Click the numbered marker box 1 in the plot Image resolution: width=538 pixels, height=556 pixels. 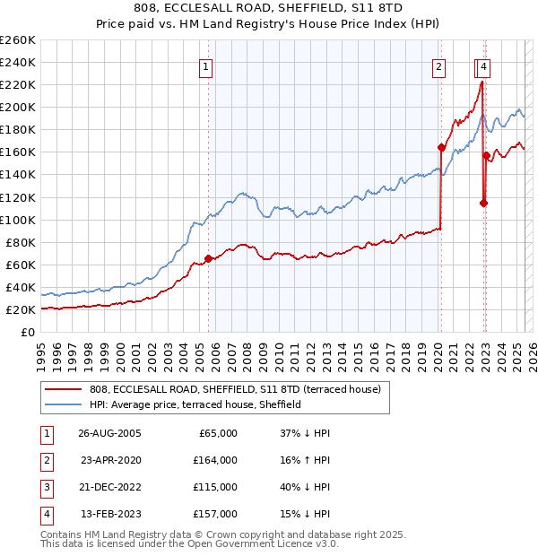(x=206, y=66)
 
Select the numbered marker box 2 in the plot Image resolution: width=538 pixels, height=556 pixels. (x=439, y=66)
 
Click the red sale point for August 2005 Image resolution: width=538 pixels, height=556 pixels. (x=209, y=258)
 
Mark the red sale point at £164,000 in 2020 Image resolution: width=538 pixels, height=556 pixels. (x=441, y=147)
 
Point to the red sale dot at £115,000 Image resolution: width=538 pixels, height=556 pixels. (x=483, y=203)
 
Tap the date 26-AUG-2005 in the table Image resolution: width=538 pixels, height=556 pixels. (x=110, y=433)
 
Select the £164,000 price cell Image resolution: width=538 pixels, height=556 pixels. (x=216, y=460)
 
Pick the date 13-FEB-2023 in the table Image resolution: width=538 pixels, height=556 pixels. (x=110, y=514)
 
